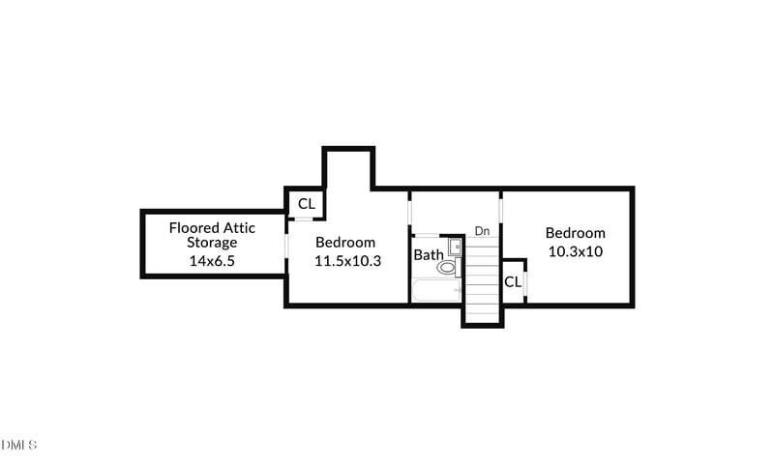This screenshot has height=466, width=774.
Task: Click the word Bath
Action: tap(429, 255)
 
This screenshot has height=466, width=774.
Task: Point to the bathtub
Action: tap(437, 290)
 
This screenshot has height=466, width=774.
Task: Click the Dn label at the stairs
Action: tap(482, 231)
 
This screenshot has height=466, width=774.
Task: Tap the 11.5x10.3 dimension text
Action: tap(348, 261)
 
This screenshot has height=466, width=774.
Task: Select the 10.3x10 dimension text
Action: tap(576, 251)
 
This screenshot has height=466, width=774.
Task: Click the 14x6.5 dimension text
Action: tap(212, 261)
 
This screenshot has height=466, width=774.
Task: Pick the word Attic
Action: tap(239, 228)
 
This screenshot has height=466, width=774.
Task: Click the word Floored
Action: tap(194, 228)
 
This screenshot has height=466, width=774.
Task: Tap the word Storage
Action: tap(212, 243)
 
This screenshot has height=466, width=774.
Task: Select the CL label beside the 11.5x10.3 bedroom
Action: tap(307, 204)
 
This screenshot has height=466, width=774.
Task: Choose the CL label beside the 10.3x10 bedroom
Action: tap(513, 282)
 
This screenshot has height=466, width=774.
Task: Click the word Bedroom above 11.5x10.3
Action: tap(345, 242)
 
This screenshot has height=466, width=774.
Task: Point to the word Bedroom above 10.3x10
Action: tap(576, 233)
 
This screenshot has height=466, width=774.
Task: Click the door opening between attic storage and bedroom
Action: tap(286, 245)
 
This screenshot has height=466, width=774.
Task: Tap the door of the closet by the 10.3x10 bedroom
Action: tap(525, 282)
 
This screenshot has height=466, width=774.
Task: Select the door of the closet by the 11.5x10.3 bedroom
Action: tap(307, 218)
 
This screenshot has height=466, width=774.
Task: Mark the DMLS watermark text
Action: tap(18, 445)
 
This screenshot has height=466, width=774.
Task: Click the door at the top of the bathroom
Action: tap(425, 235)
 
